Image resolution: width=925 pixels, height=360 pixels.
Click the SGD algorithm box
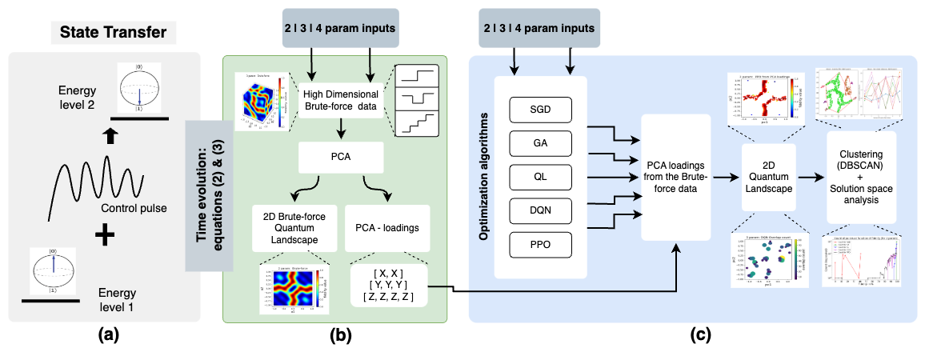point(540,108)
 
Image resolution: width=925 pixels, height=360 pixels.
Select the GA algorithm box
point(540,143)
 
